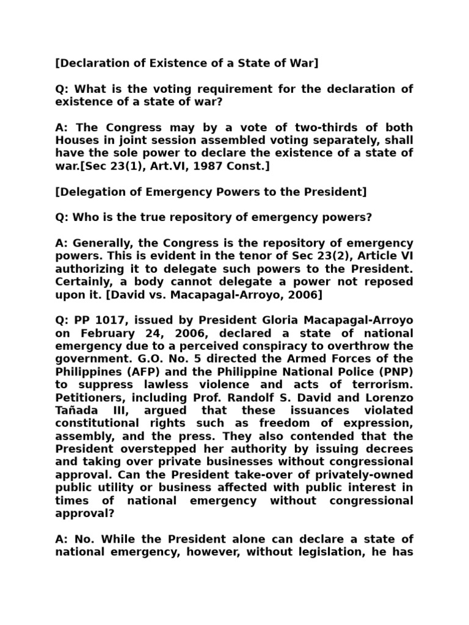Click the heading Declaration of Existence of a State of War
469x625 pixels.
(x=186, y=63)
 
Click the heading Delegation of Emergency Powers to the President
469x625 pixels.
(x=211, y=193)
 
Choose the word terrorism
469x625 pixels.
(x=378, y=385)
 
